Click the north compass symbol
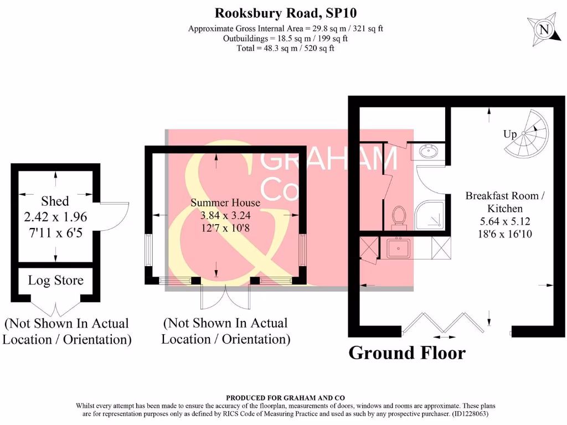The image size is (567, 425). (x=544, y=29)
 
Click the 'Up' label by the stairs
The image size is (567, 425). (x=510, y=134)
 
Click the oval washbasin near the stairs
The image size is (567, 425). (x=427, y=151)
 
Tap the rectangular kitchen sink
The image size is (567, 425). (x=399, y=248)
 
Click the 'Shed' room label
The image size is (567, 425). (x=55, y=201)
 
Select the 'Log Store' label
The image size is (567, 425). (x=55, y=280)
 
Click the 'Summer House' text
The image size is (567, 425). (x=225, y=203)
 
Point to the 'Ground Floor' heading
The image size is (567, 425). (x=407, y=353)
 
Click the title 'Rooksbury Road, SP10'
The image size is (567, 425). (x=282, y=12)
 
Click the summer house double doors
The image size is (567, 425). (x=225, y=297)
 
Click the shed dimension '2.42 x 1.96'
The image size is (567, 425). (x=55, y=217)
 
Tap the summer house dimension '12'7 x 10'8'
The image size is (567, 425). (x=225, y=227)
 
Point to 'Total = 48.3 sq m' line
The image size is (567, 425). (x=286, y=48)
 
